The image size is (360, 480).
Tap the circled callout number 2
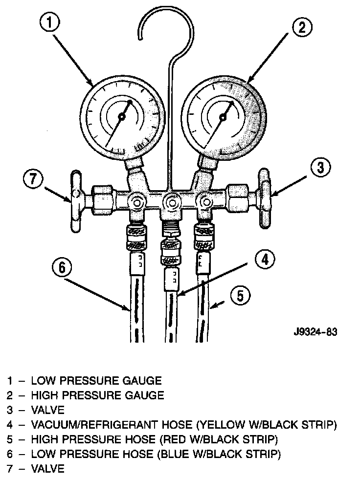pyautogui.click(x=302, y=27)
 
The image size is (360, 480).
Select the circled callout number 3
pyautogui.click(x=320, y=168)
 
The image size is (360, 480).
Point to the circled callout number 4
pyautogui.click(x=265, y=260)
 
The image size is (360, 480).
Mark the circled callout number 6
pyautogui.click(x=62, y=267)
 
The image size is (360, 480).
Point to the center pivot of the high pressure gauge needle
pyautogui.click(x=223, y=117)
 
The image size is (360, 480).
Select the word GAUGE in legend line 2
pyautogui.click(x=146, y=395)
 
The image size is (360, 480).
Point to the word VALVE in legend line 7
pyautogui.click(x=47, y=469)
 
